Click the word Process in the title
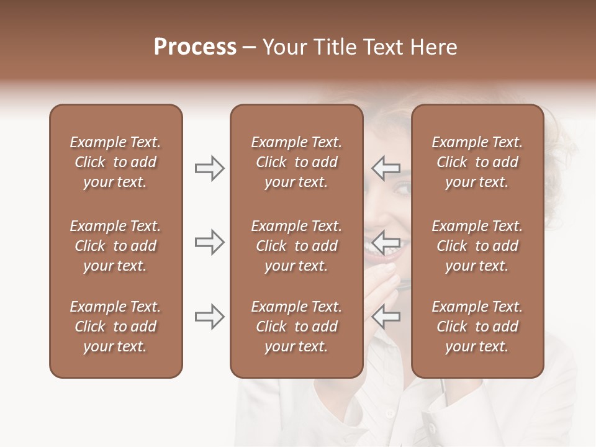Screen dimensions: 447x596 point(195,47)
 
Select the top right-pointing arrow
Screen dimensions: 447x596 point(209,168)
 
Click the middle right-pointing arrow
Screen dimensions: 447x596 point(209,242)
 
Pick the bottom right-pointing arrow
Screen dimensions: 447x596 point(209,317)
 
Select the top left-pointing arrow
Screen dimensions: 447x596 point(386,168)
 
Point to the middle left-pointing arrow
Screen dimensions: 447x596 point(386,242)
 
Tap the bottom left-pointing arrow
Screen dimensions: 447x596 point(386,317)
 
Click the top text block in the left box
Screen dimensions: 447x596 point(115,162)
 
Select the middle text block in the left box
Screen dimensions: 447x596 point(115,246)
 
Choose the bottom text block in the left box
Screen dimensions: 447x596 point(115,327)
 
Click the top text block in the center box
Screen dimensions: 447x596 point(296,162)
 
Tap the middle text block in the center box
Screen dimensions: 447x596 point(296,246)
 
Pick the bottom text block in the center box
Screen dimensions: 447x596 point(296,327)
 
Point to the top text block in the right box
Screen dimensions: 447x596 point(477,162)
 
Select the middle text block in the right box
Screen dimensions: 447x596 point(477,246)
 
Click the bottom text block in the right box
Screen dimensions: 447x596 point(477,327)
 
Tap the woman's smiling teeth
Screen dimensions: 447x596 point(377,248)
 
